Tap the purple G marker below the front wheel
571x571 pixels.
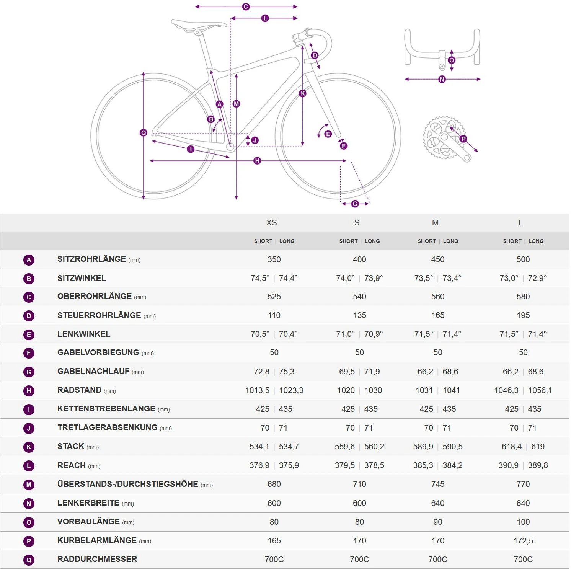pyautogui.click(x=355, y=204)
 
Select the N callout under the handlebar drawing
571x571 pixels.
pyautogui.click(x=442, y=79)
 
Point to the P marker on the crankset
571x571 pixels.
pyautogui.click(x=463, y=139)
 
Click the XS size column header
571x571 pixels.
pyautogui.click(x=271, y=223)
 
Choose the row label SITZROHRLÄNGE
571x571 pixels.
pyautogui.click(x=91, y=259)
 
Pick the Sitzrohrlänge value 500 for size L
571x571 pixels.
pyautogui.click(x=523, y=259)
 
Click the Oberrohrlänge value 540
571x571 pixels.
pyautogui.click(x=359, y=297)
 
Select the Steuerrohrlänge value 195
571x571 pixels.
pyautogui.click(x=523, y=315)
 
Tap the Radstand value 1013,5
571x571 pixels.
pyautogui.click(x=257, y=390)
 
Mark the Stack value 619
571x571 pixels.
pyautogui.click(x=538, y=447)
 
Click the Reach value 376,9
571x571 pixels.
pyautogui.click(x=259, y=465)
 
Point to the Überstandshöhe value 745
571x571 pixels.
pyautogui.click(x=437, y=484)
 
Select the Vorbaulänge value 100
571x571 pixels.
pyautogui.click(x=523, y=522)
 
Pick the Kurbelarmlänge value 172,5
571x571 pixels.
pyautogui.click(x=523, y=541)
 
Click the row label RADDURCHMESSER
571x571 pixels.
pyautogui.click(x=97, y=559)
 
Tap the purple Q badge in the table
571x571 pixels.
pyautogui.click(x=29, y=560)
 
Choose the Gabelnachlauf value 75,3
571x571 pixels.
pyautogui.click(x=287, y=372)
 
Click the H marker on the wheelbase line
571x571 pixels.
pyautogui.click(x=257, y=161)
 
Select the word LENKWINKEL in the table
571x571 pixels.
pyautogui.click(x=84, y=334)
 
